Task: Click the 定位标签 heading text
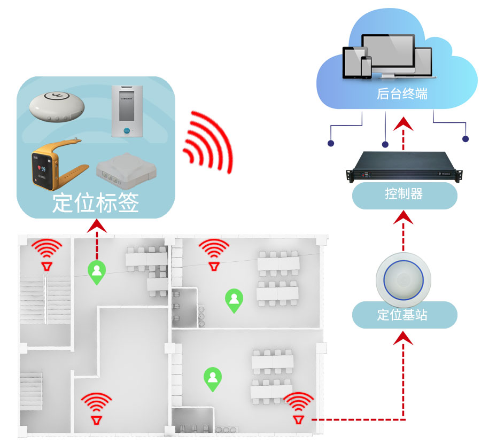(x=96, y=204)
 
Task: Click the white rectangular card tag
(x=128, y=111)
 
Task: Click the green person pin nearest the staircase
(x=97, y=272)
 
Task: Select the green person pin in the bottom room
(x=213, y=378)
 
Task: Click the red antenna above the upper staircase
(x=47, y=254)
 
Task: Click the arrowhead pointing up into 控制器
(x=404, y=217)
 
